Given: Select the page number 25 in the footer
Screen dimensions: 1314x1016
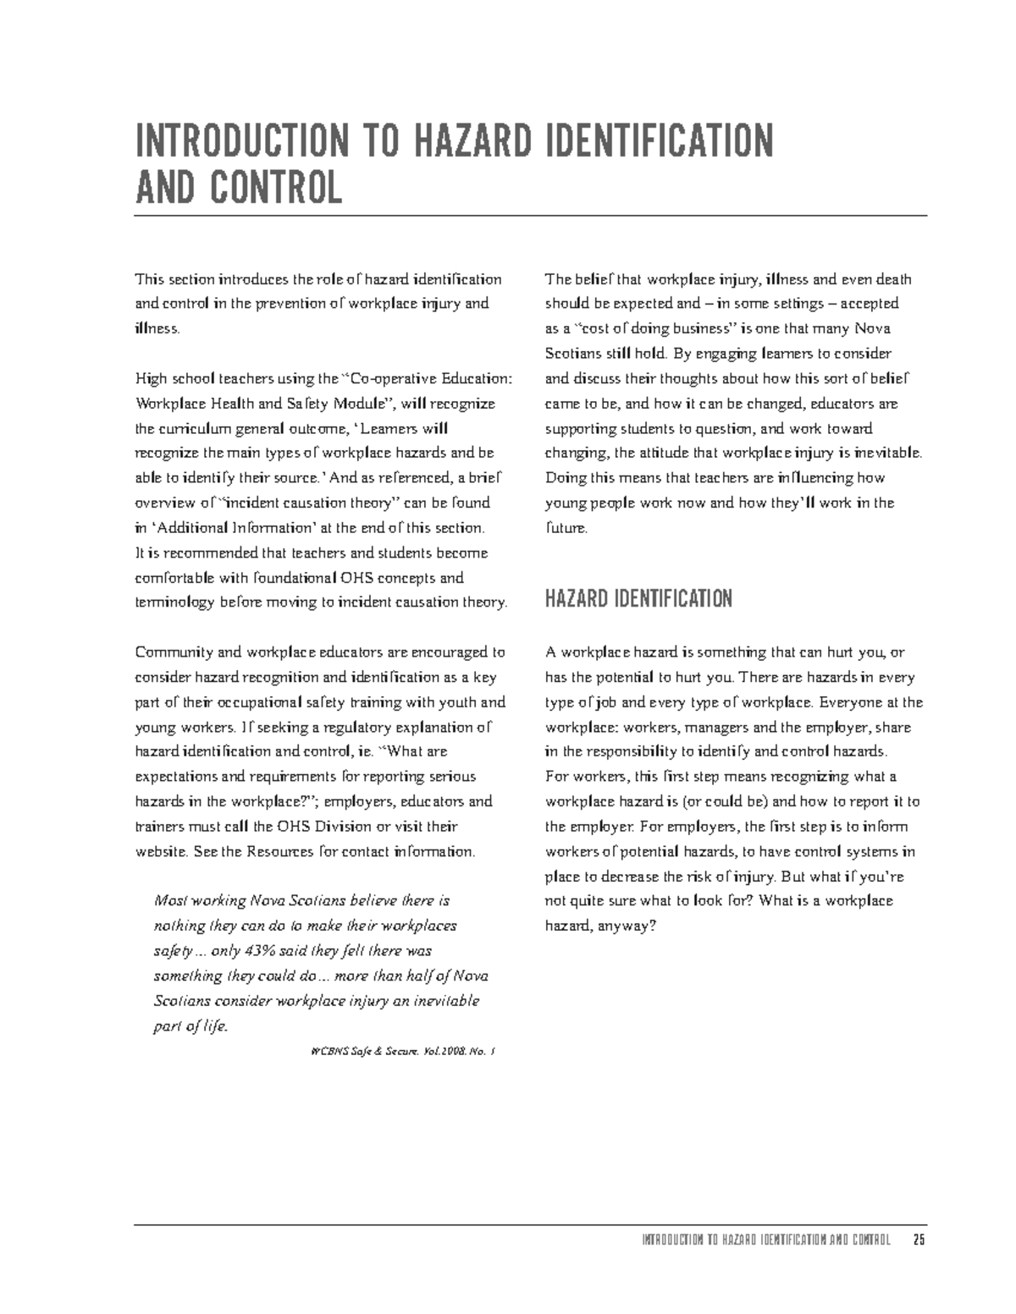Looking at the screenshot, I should coord(919,1241).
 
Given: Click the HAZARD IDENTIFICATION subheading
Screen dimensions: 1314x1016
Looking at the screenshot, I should coord(638,600).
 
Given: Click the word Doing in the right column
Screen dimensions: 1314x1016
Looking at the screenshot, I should coord(564,478).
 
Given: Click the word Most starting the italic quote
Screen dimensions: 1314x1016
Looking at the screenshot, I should coord(169,901).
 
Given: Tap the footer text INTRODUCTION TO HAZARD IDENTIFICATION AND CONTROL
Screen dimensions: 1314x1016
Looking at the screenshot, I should coord(766,1241).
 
